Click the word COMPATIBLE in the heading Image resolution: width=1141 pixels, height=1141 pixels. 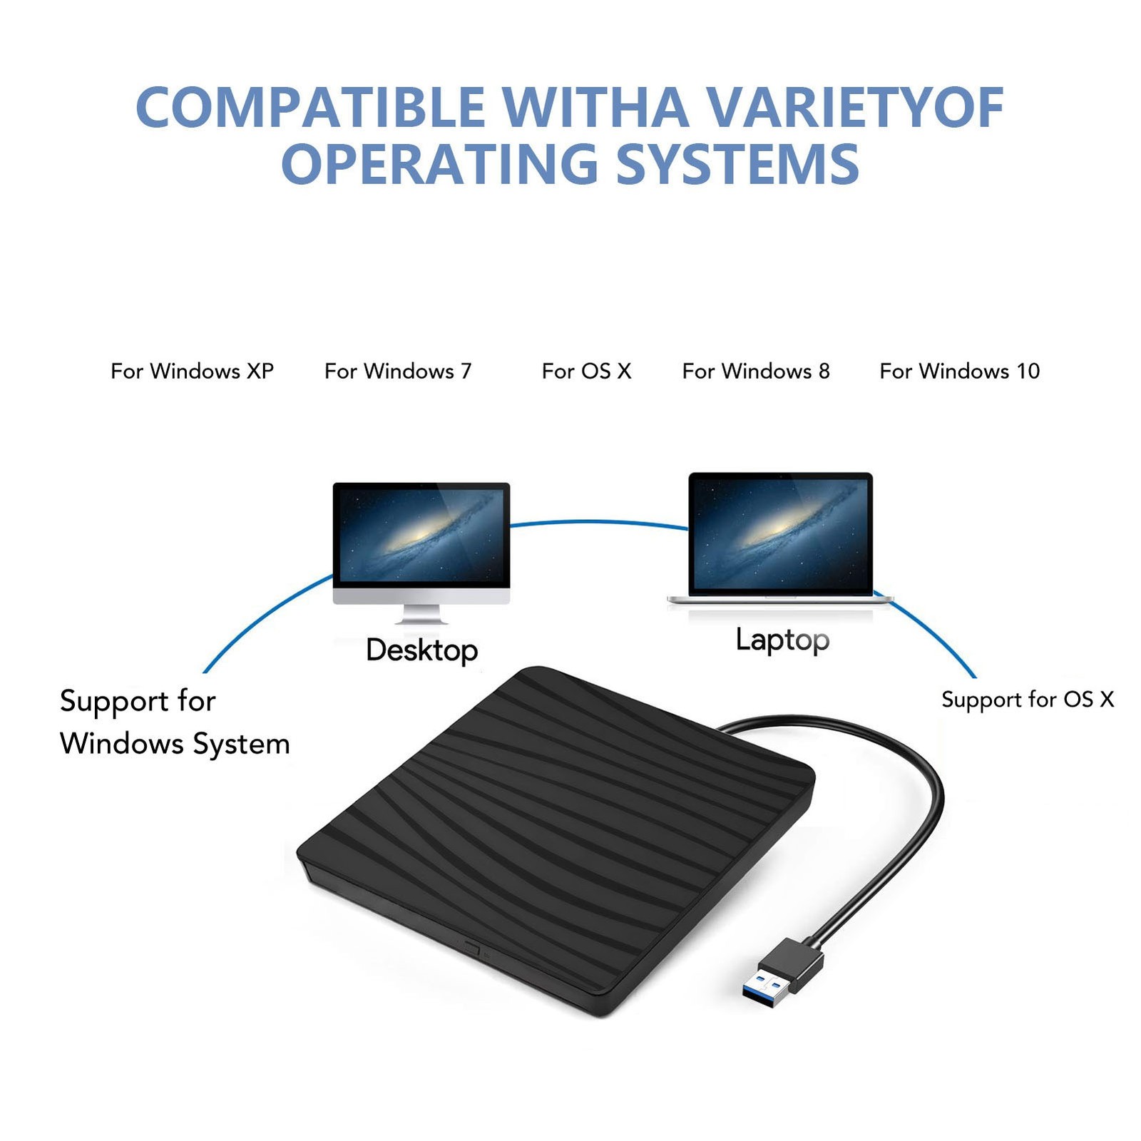pyautogui.click(x=310, y=107)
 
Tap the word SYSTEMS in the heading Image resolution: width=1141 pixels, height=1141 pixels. pyautogui.click(x=737, y=163)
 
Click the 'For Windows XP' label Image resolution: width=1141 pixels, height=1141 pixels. pyautogui.click(x=192, y=371)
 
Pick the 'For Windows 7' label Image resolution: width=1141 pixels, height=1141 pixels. pyautogui.click(x=398, y=371)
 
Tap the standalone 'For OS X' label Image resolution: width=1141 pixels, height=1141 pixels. pyautogui.click(x=586, y=371)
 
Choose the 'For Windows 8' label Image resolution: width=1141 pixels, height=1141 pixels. pyautogui.click(x=756, y=371)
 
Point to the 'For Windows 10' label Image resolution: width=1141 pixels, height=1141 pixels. pyautogui.click(x=959, y=371)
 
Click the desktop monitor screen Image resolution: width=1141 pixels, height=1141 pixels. pyautogui.click(x=421, y=535)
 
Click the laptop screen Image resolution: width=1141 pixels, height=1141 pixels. pyautogui.click(x=780, y=533)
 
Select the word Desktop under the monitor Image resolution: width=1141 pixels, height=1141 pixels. pyautogui.click(x=421, y=650)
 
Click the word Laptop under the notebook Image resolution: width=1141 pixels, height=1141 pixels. pyautogui.click(x=782, y=640)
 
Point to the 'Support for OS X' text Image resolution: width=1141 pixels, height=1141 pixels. pyautogui.click(x=1028, y=700)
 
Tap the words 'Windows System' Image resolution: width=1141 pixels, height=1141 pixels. pyautogui.click(x=175, y=744)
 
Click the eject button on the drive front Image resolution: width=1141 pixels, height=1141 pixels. pyautogui.click(x=471, y=948)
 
